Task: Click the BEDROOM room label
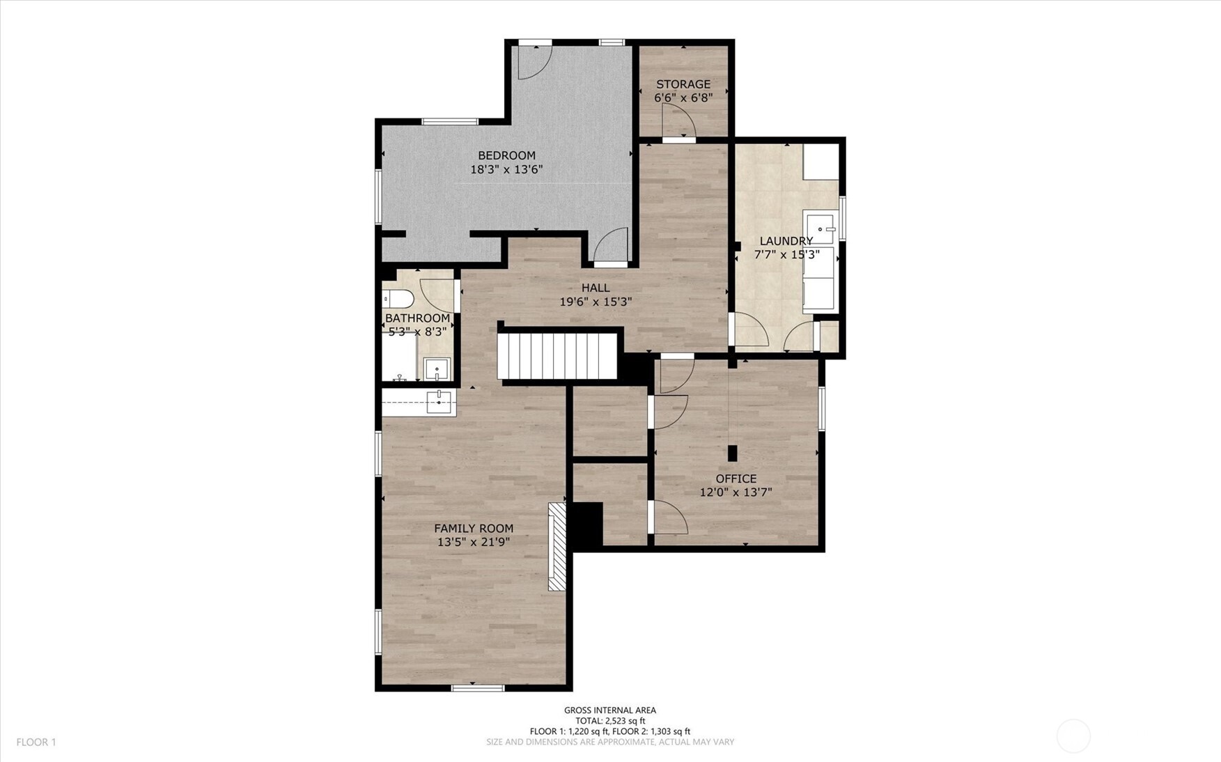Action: pyautogui.click(x=506, y=155)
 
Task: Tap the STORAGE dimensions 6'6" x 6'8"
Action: pyautogui.click(x=683, y=98)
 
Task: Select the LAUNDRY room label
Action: pyautogui.click(x=786, y=241)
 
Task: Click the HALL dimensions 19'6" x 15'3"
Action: pyautogui.click(x=596, y=302)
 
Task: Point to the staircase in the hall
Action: pyautogui.click(x=557, y=355)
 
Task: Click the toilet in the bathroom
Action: pyautogui.click(x=398, y=300)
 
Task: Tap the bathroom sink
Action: pyautogui.click(x=437, y=368)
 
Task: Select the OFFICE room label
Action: pyautogui.click(x=736, y=479)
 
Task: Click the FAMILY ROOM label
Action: pyautogui.click(x=474, y=529)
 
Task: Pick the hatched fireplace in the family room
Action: pyautogui.click(x=557, y=547)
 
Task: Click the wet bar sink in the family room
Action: pyautogui.click(x=439, y=402)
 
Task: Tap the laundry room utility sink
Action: pyautogui.click(x=819, y=229)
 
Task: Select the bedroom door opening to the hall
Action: pyautogui.click(x=611, y=247)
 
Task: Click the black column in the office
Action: pyautogui.click(x=732, y=453)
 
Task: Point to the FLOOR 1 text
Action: pyautogui.click(x=36, y=742)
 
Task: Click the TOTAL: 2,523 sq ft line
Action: pyautogui.click(x=610, y=721)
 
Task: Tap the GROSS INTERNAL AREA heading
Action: pyautogui.click(x=610, y=710)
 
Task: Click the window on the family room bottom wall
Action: pyautogui.click(x=477, y=688)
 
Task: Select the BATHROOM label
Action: pyautogui.click(x=417, y=318)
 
